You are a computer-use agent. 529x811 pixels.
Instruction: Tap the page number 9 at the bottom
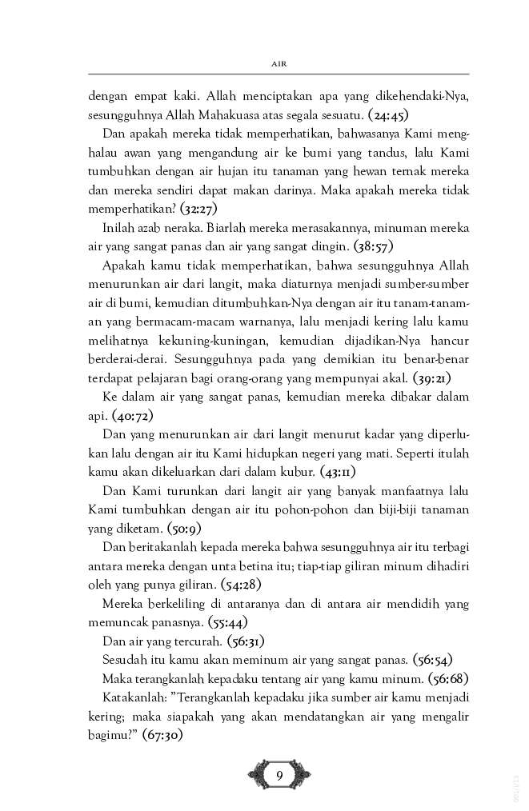point(279,773)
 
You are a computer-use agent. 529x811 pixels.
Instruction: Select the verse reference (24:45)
point(386,114)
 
